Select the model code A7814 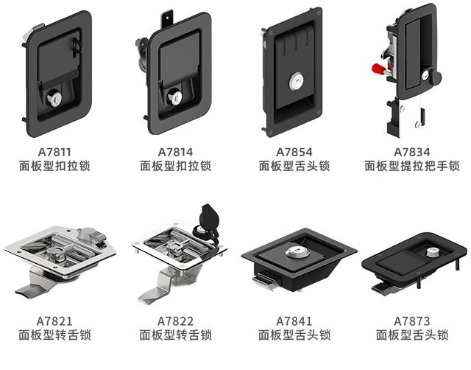(175, 153)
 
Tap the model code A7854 (294, 153)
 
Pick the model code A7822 (175, 321)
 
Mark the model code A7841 (294, 321)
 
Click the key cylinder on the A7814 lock (177, 96)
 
